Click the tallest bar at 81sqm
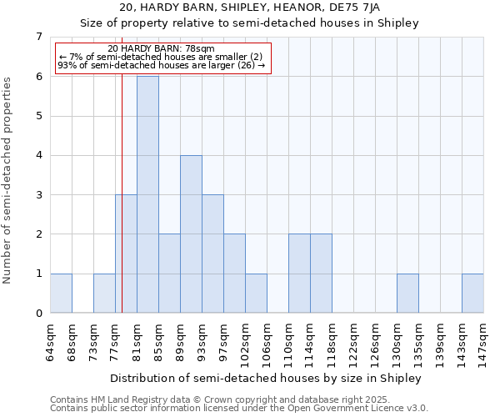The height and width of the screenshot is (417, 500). pos(147,194)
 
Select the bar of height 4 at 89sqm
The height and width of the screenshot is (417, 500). pos(191,234)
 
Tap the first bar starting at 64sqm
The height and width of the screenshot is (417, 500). pos(61,294)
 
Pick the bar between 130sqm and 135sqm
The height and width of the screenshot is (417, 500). pos(407,294)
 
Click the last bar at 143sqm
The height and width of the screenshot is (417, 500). pos(472,294)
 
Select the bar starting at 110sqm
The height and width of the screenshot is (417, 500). pos(299,274)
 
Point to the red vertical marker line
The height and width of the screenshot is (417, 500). pos(122,208)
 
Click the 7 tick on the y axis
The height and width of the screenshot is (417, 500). pos(38,37)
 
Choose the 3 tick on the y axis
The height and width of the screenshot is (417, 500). pos(38,195)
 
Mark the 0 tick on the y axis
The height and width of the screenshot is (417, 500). pos(38,314)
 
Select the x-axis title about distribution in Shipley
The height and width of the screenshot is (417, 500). pos(266,378)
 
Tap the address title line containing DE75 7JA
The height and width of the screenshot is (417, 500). pos(250,8)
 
